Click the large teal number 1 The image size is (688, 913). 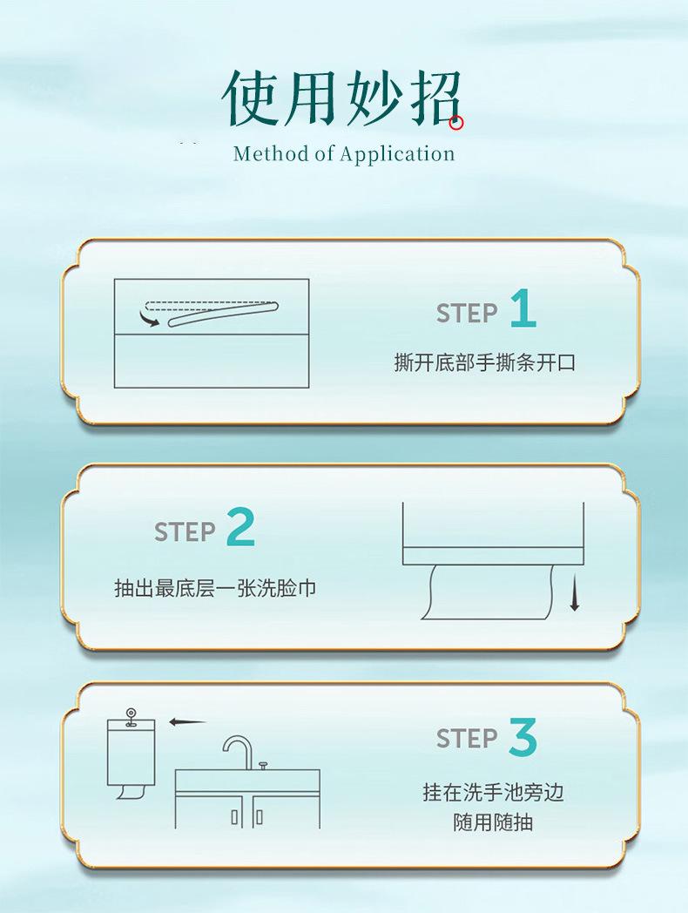coord(523,308)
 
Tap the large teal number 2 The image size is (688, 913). coord(241,527)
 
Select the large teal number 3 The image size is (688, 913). coord(523,737)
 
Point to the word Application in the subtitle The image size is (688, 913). coord(397,154)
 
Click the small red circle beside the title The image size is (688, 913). coord(456,123)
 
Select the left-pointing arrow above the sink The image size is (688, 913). coord(187,722)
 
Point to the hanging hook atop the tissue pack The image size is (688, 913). coord(132,716)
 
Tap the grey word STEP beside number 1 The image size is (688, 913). coord(467,314)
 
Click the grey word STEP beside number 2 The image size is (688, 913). coord(185,531)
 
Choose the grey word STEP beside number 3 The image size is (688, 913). coord(467,738)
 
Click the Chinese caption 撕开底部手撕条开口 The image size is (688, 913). coord(484,362)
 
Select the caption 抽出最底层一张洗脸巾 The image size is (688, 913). coord(215,588)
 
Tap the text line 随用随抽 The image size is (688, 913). coord(493,822)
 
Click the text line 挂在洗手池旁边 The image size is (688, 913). coord(493,792)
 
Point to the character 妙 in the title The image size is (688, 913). coord(372,98)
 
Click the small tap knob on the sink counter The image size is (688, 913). coord(263,764)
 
